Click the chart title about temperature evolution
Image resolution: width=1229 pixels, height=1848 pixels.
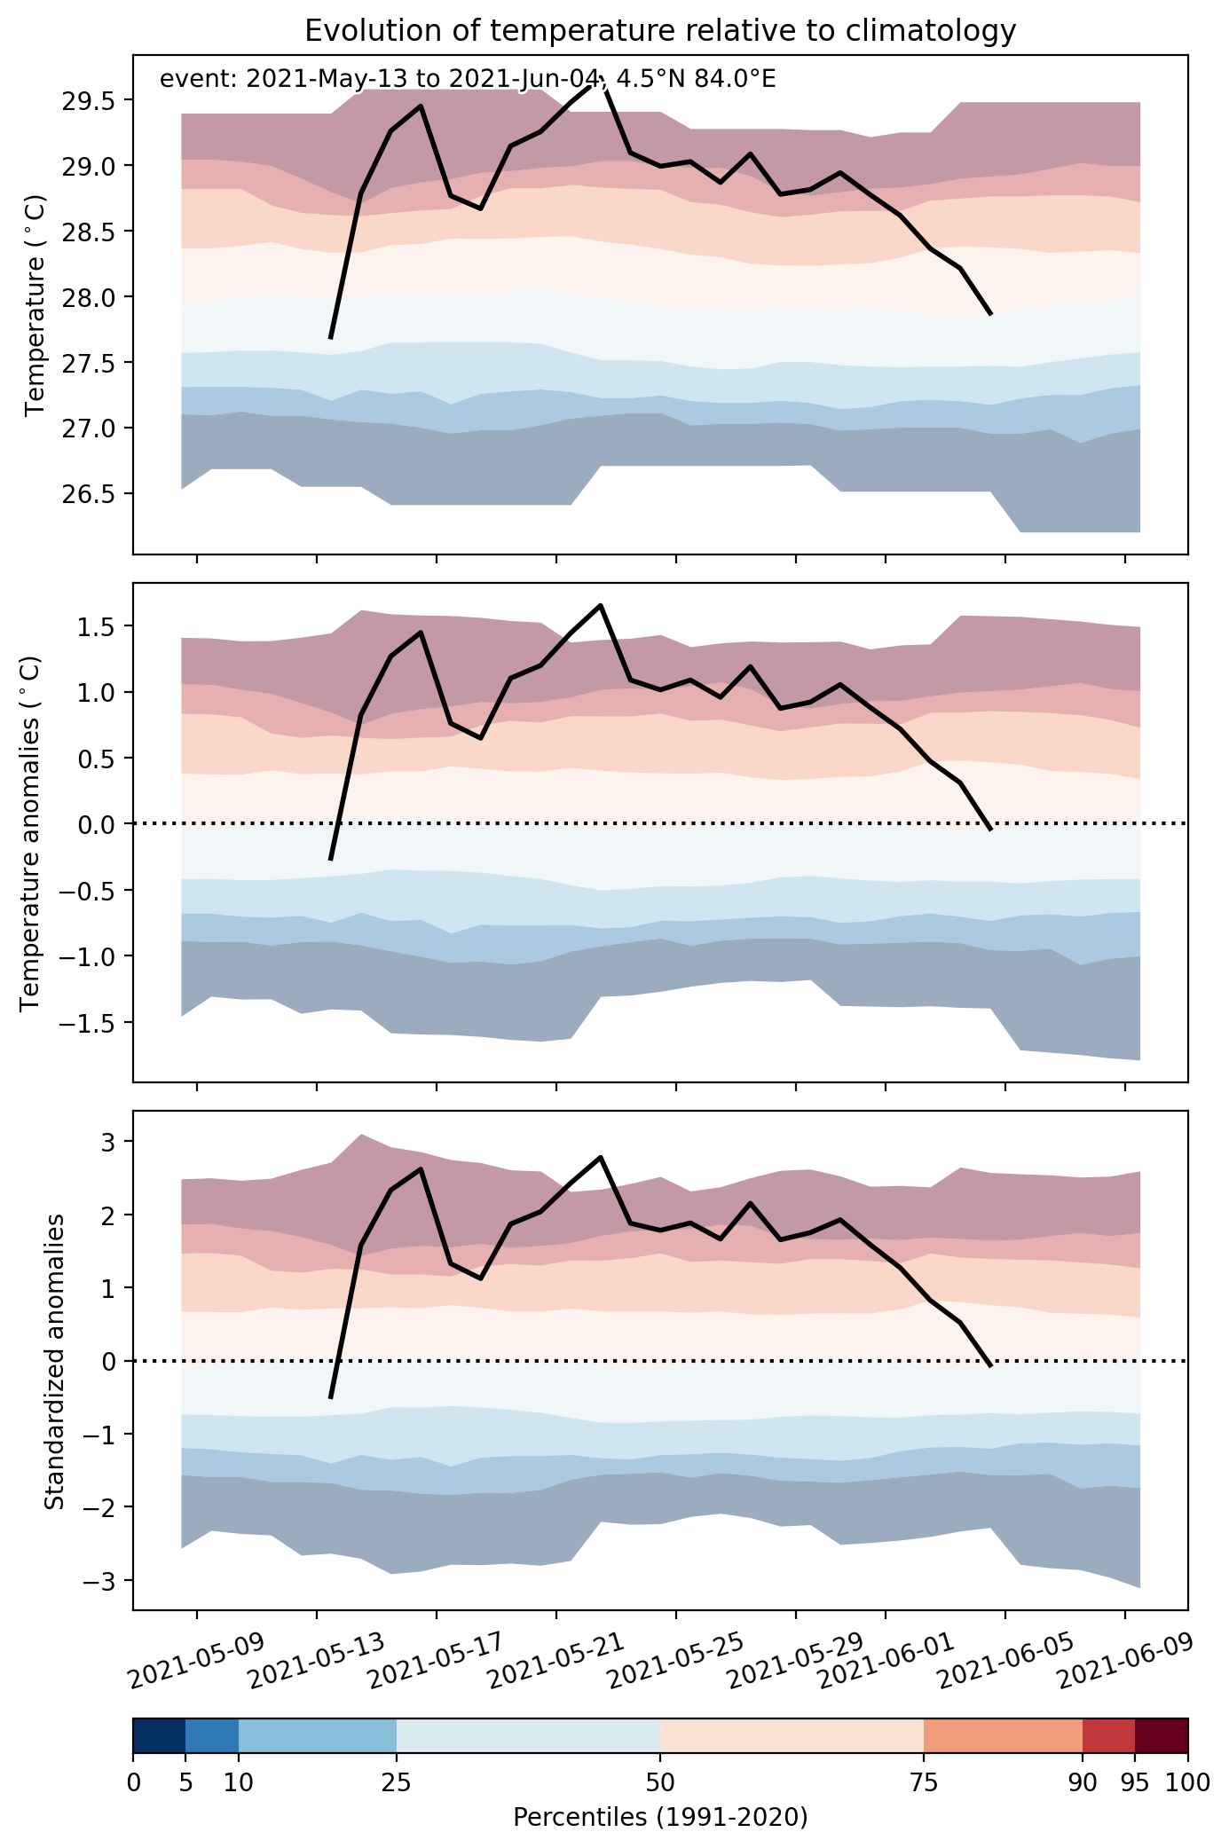[660, 32]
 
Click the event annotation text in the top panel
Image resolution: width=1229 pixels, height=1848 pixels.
[468, 80]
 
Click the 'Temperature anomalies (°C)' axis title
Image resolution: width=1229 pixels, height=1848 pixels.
[30, 832]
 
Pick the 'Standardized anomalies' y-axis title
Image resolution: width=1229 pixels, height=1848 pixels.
[54, 1359]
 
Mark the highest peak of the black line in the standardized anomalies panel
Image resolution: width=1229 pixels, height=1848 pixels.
[601, 1157]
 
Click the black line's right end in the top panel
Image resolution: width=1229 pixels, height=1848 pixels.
[990, 314]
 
